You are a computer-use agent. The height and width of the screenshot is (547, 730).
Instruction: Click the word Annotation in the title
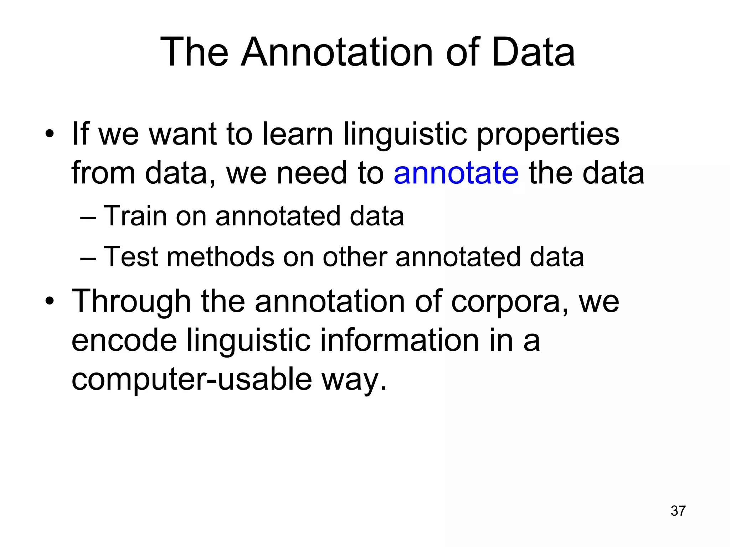click(337, 53)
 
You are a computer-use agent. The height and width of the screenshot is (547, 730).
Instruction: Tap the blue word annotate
click(456, 173)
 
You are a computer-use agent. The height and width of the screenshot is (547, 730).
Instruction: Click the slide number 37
click(678, 511)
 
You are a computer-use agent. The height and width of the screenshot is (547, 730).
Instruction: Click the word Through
click(131, 301)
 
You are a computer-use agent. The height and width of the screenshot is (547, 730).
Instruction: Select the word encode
click(124, 340)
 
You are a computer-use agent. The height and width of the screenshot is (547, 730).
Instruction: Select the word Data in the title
click(533, 53)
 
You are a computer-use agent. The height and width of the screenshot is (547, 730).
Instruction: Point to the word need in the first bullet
click(311, 173)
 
